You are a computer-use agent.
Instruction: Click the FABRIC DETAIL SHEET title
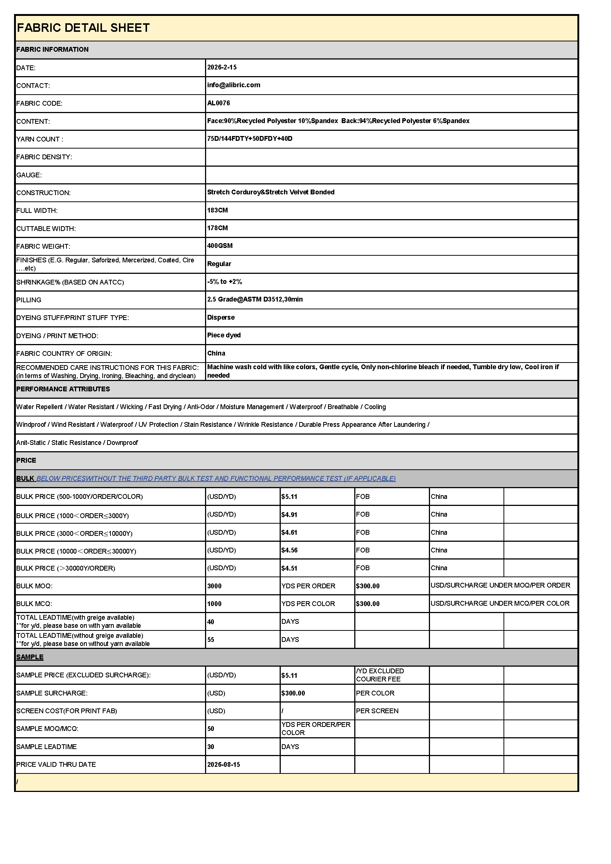pyautogui.click(x=83, y=28)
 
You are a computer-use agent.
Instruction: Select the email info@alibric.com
pyautogui.click(x=233, y=85)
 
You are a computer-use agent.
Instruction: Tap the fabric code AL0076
pyautogui.click(x=218, y=103)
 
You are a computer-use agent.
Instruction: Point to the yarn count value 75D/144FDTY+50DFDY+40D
pyautogui.click(x=249, y=139)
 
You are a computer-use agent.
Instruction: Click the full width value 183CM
pyautogui.click(x=217, y=210)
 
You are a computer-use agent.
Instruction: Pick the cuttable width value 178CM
pyautogui.click(x=217, y=228)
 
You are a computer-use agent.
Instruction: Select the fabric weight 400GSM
pyautogui.click(x=220, y=246)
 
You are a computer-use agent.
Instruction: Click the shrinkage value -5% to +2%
pyautogui.click(x=224, y=282)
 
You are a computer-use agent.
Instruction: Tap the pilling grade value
pyautogui.click(x=255, y=300)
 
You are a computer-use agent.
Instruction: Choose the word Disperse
pyautogui.click(x=221, y=317)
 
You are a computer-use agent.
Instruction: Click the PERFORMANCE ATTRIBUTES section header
pyautogui.click(x=63, y=389)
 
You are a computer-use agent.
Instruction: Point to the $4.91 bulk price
pyautogui.click(x=289, y=514)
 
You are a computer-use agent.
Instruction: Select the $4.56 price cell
pyautogui.click(x=289, y=550)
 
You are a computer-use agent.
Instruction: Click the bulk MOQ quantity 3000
pyautogui.click(x=214, y=586)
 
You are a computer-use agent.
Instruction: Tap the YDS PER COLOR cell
pyautogui.click(x=308, y=603)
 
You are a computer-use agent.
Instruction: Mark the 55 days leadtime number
pyautogui.click(x=211, y=640)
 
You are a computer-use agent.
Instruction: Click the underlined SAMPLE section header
pyautogui.click(x=30, y=657)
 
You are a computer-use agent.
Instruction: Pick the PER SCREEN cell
pyautogui.click(x=377, y=711)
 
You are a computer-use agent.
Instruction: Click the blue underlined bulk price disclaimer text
pyautogui.click(x=216, y=478)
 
